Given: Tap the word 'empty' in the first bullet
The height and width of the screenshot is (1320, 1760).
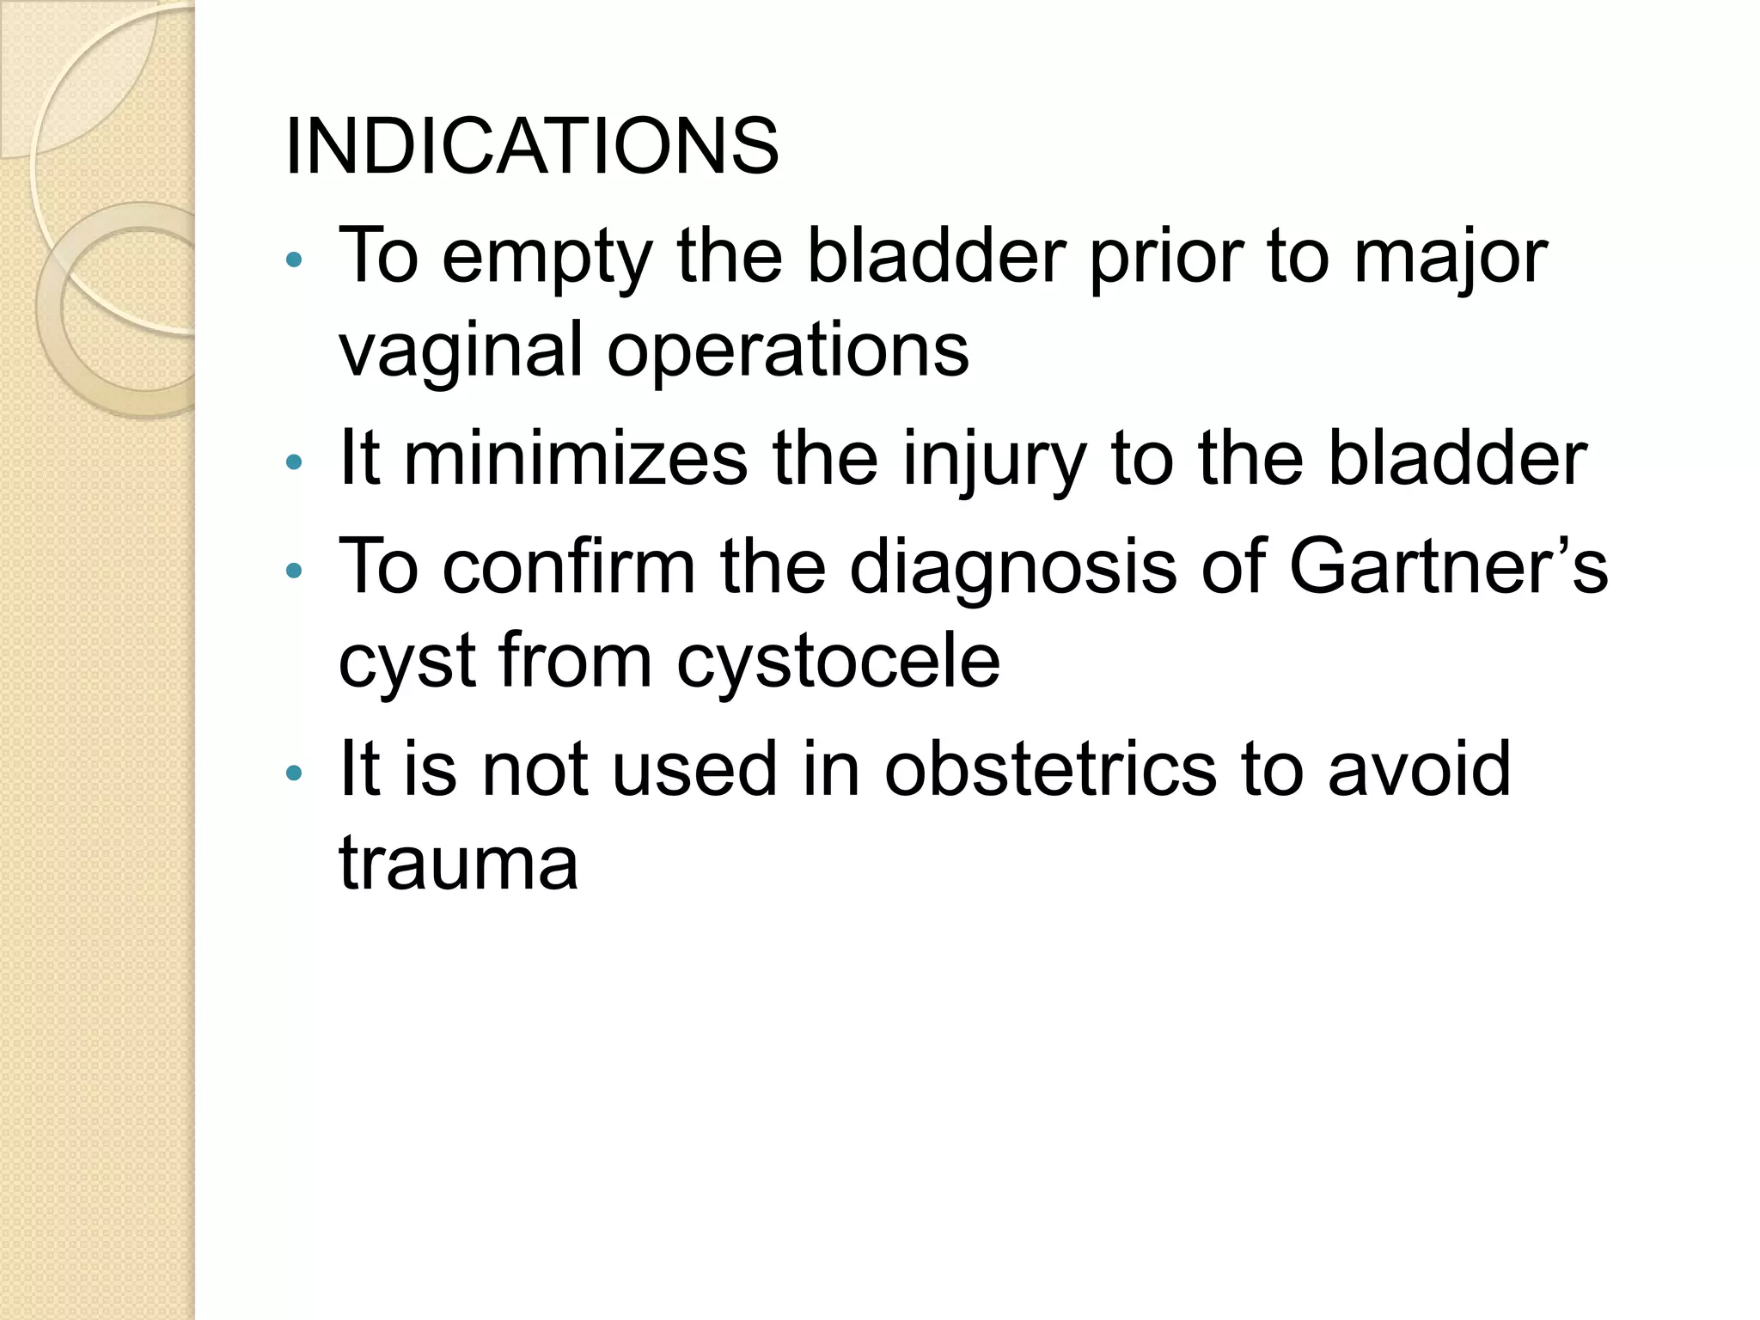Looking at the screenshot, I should tap(547, 259).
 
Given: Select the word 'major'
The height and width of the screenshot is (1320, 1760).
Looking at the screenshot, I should tap(1451, 259).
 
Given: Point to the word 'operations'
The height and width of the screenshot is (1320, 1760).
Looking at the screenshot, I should tap(788, 350).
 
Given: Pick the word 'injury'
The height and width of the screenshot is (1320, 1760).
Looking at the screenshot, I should tap(994, 461).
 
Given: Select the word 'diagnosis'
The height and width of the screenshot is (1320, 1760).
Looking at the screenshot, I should tap(1013, 569).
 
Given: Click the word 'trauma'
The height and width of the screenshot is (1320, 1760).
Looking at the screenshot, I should tap(459, 863).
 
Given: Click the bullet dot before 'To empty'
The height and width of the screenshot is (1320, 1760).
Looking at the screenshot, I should tap(294, 260).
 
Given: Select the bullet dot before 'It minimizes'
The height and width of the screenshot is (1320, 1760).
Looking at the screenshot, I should tap(294, 462).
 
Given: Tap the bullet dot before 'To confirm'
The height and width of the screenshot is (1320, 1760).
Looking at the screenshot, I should tap(294, 569).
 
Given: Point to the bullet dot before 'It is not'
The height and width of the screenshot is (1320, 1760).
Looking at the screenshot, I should tap(294, 772).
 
